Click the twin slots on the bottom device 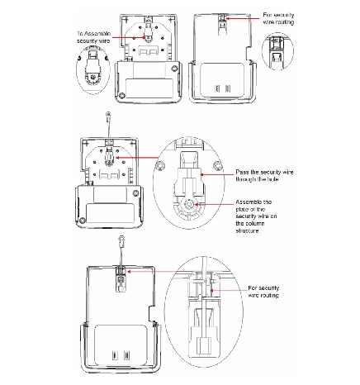click(x=121, y=358)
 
